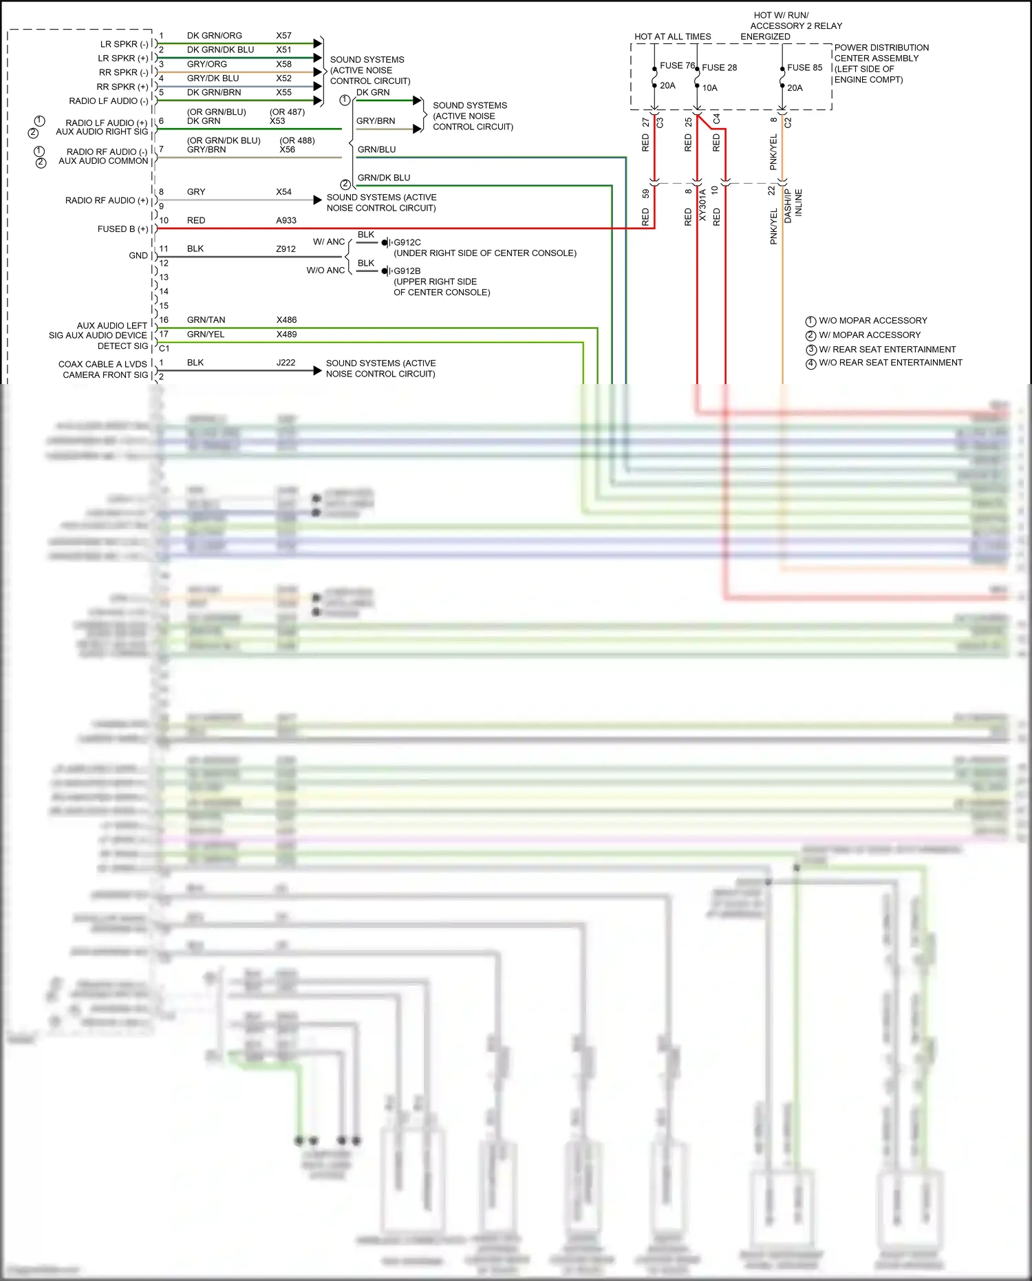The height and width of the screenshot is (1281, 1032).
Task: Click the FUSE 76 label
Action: point(677,66)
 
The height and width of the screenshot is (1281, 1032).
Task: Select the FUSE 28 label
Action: point(719,67)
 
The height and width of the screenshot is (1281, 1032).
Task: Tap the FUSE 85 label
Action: point(804,67)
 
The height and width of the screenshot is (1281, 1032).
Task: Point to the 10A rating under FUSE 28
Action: point(709,88)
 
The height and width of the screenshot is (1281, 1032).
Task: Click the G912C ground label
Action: point(407,242)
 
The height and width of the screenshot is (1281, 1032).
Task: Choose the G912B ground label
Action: point(407,271)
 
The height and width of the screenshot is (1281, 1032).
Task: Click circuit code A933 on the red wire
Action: point(286,220)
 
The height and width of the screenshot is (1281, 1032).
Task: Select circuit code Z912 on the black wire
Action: point(286,249)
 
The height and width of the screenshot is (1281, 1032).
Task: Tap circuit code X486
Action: point(286,320)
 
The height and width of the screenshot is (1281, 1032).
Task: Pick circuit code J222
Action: point(286,363)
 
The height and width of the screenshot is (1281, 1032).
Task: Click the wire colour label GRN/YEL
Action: point(206,335)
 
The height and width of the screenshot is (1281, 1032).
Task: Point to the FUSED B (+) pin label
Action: point(122,229)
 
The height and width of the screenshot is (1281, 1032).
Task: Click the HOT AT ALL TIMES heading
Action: point(672,36)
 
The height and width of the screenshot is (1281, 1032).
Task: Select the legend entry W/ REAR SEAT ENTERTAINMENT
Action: point(887,350)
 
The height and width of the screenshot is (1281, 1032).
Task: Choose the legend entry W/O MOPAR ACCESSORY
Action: point(872,321)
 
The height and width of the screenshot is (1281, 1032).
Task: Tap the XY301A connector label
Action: point(702,205)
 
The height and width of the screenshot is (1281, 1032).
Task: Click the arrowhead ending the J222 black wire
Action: point(317,371)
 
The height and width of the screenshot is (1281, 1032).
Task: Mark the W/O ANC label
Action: point(325,271)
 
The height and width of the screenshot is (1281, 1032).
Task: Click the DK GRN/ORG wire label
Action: point(214,36)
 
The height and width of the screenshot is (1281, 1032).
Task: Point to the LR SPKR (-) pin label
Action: point(124,44)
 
